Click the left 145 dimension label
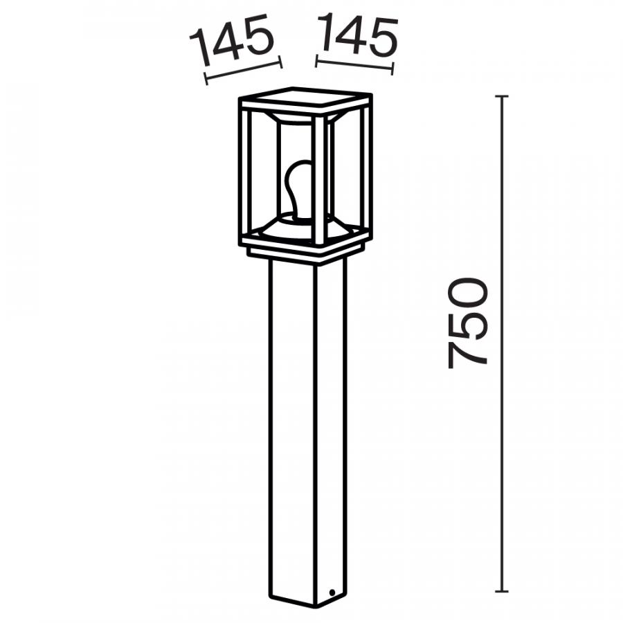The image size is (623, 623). tap(233, 39)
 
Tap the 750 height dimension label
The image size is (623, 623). tap(467, 323)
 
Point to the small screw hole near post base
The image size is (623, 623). tap(332, 593)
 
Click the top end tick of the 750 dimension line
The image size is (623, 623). tap(502, 96)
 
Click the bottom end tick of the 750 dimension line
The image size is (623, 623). tap(502, 592)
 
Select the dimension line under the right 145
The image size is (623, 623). tap(354, 65)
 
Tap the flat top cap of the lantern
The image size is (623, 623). tap(305, 98)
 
